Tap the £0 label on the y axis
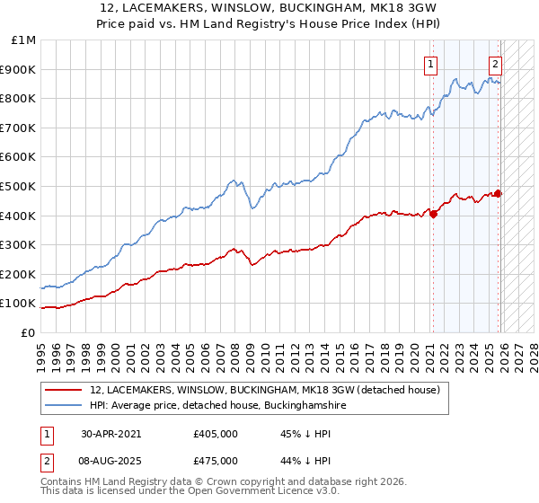pyautogui.click(x=29, y=332)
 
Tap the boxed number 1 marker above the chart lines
pyautogui.click(x=432, y=64)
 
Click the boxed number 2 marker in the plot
pyautogui.click(x=495, y=64)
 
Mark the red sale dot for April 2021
pyautogui.click(x=432, y=214)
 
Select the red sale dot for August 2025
pyautogui.click(x=499, y=193)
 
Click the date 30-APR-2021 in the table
pyautogui.click(x=110, y=433)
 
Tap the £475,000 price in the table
pyautogui.click(x=215, y=460)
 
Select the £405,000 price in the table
pyautogui.click(x=215, y=433)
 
